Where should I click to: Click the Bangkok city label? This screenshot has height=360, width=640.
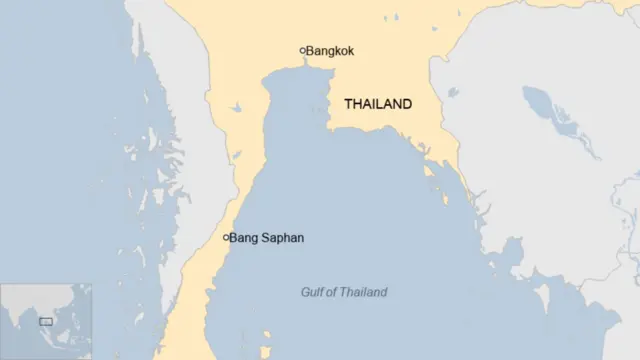[330, 50]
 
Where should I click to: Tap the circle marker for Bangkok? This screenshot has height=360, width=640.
[302, 50]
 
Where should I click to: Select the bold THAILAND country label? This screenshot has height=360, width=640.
[378, 104]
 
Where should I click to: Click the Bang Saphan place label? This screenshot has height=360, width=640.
[267, 238]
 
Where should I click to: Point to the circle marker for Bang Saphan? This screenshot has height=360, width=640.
[227, 238]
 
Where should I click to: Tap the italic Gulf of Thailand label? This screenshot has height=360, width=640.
[344, 292]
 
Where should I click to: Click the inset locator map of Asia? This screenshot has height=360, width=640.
[46, 321]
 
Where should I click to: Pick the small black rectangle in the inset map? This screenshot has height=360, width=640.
[45, 321]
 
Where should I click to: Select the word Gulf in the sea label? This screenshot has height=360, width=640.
[313, 292]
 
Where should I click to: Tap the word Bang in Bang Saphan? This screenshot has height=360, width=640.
[244, 238]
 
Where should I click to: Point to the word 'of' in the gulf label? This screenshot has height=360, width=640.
[333, 292]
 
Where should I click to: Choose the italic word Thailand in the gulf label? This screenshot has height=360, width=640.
[365, 292]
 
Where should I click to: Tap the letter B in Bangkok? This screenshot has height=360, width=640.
[311, 50]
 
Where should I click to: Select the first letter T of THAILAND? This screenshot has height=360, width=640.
[348, 104]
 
